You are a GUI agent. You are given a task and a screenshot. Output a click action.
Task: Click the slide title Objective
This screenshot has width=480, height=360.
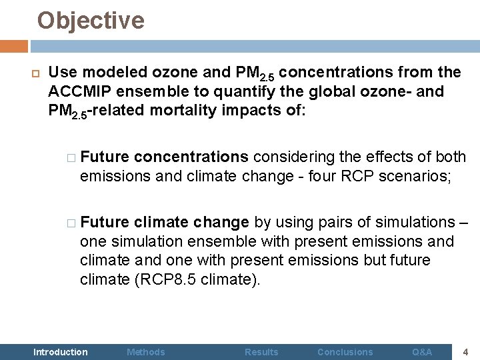(x=91, y=21)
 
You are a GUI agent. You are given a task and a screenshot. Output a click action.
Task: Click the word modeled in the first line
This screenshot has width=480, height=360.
(x=107, y=72)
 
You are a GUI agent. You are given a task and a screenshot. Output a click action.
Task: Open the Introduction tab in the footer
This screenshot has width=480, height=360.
(x=60, y=351)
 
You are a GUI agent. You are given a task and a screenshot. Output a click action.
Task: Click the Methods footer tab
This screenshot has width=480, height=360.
(x=146, y=351)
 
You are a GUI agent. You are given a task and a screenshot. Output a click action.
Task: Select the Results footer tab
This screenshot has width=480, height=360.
(x=261, y=351)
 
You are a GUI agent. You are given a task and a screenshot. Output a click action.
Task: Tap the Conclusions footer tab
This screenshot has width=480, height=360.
(x=345, y=351)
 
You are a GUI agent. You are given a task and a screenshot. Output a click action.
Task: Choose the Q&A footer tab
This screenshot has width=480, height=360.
(x=422, y=351)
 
